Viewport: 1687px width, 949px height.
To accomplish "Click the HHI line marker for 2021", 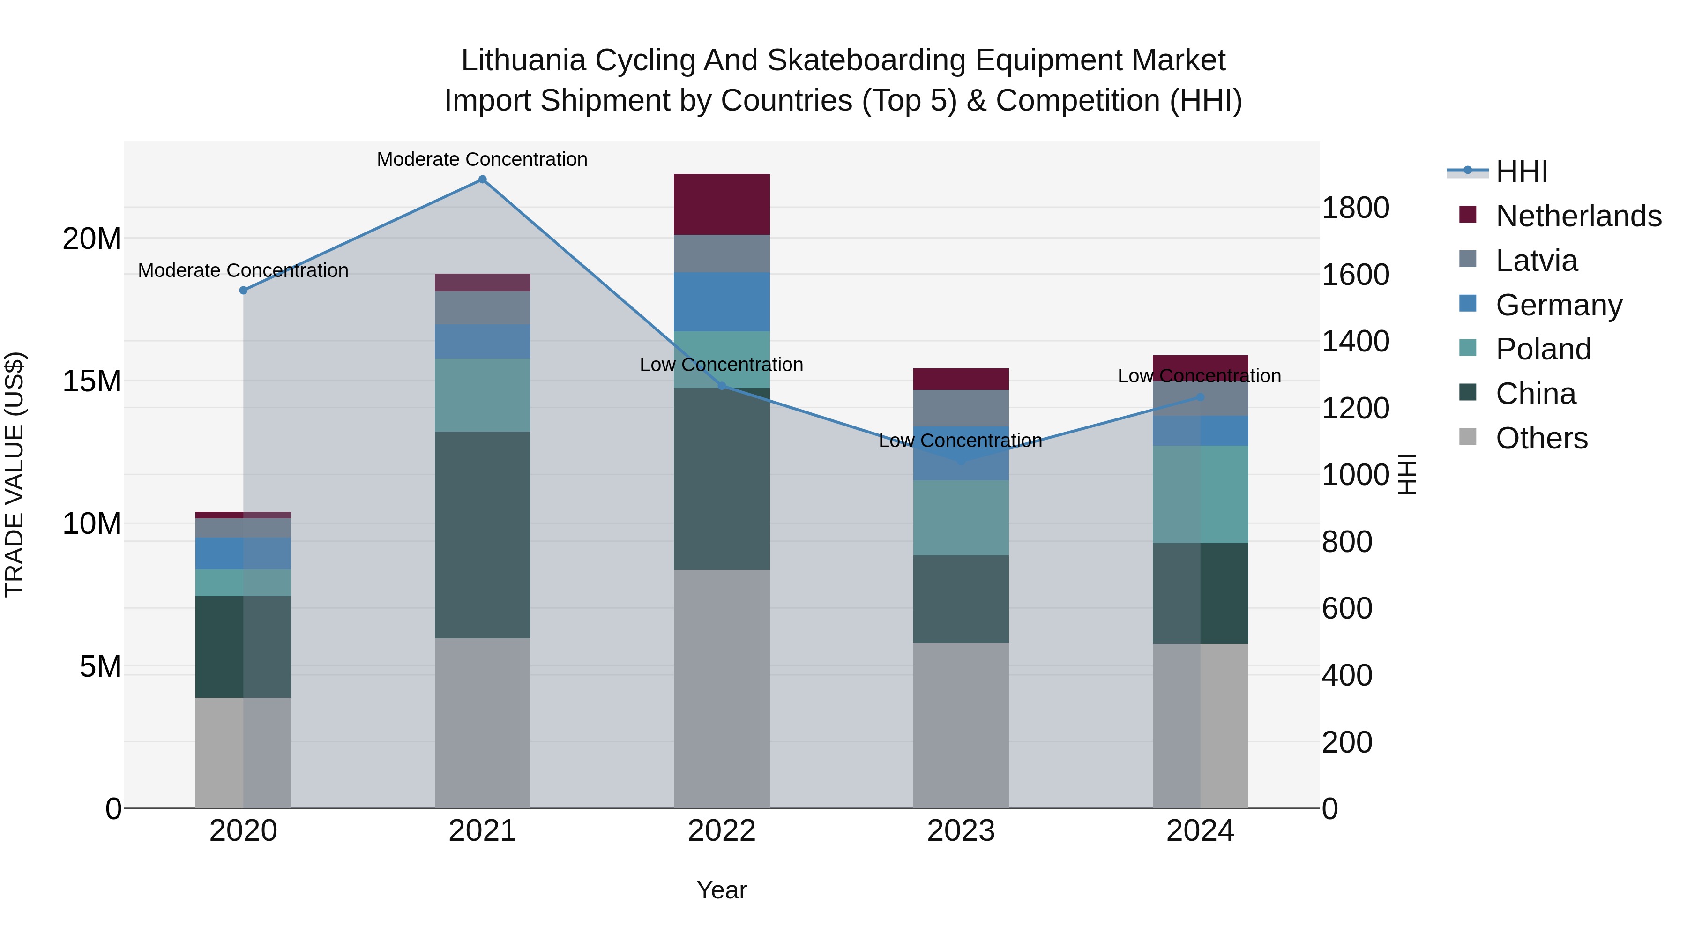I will [482, 179].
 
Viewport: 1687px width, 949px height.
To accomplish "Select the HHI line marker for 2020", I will [243, 290].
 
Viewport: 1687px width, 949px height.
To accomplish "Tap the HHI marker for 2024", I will [1200, 397].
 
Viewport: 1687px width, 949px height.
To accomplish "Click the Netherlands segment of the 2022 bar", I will [721, 204].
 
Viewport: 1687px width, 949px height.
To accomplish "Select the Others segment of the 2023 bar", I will [960, 725].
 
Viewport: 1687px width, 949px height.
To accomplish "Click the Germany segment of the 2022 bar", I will [721, 302].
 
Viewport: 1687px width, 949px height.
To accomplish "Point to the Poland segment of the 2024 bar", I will [1200, 494].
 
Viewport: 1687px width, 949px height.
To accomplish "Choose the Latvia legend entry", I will [1537, 261].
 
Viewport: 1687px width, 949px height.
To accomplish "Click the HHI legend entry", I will [1521, 172].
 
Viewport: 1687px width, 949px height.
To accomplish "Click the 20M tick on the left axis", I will [92, 239].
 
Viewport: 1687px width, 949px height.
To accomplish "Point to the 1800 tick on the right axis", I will [1355, 208].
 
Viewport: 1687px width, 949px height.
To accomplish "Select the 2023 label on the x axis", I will [960, 831].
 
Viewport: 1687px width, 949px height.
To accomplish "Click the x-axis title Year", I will [721, 890].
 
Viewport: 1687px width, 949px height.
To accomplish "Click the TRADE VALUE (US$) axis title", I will [15, 474].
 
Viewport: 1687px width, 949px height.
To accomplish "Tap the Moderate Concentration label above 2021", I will [482, 159].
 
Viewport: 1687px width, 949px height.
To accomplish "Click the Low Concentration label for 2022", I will [721, 365].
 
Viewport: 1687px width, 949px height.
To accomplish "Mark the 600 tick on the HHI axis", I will [1346, 608].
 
